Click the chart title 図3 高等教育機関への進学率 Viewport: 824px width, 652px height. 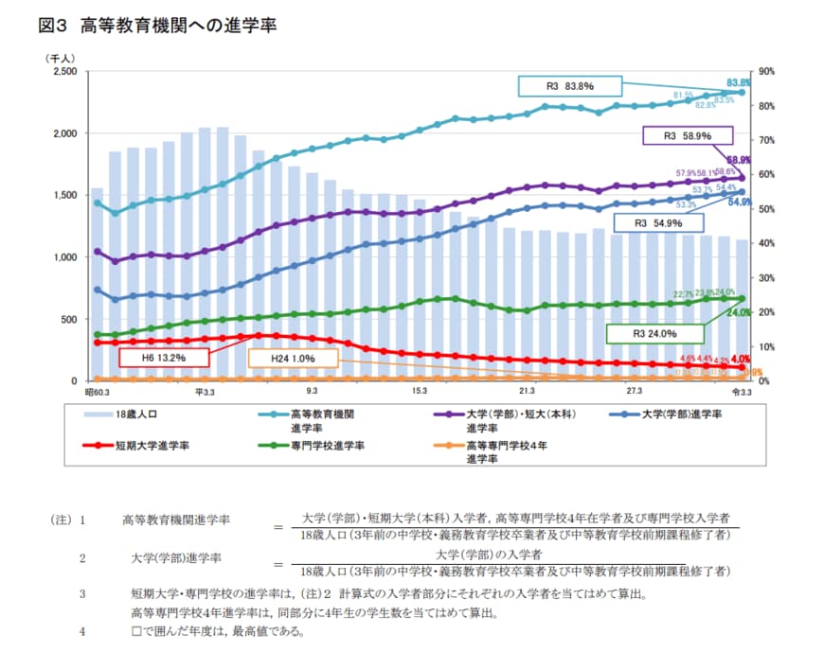click(157, 26)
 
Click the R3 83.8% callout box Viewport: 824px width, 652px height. click(569, 86)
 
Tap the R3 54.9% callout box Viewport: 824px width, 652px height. click(658, 223)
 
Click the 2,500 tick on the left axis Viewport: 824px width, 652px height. click(63, 71)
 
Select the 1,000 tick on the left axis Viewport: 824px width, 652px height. click(63, 256)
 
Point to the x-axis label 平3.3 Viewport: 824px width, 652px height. click(206, 391)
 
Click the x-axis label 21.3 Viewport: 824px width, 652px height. click(527, 391)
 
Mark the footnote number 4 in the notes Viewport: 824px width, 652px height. click(82, 629)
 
